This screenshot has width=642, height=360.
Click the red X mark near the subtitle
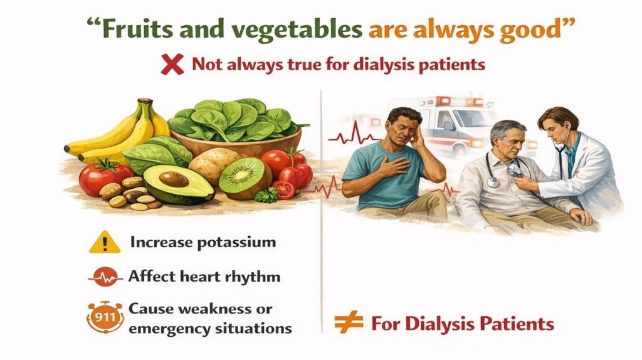[172, 65]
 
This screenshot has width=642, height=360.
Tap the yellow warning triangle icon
[105, 243]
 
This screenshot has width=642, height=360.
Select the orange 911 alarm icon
[105, 317]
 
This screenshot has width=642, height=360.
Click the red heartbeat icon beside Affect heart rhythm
[105, 277]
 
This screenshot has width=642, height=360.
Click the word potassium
[236, 243]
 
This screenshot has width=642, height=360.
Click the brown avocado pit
[174, 179]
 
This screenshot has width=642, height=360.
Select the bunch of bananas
[118, 131]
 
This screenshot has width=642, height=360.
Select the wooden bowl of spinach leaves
[236, 127]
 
